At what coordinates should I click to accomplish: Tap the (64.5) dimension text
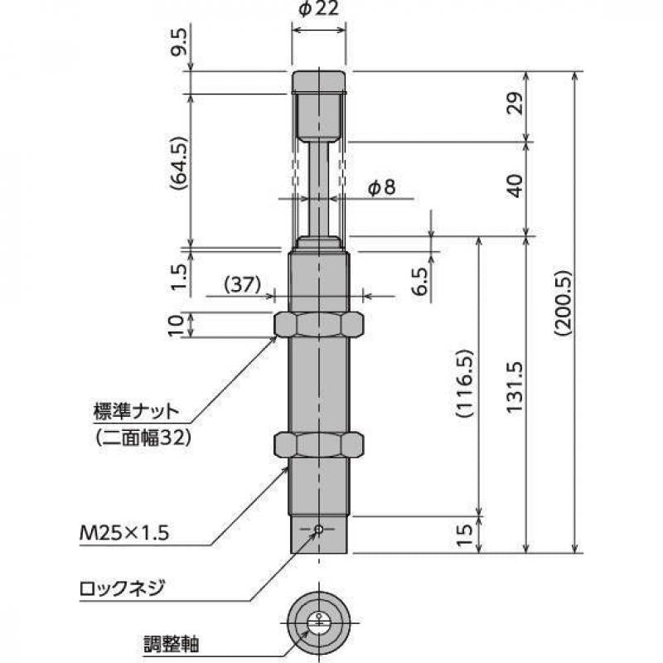[177, 166]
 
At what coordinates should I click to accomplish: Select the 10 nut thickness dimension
[177, 325]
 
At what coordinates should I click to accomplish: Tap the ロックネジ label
[122, 589]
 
